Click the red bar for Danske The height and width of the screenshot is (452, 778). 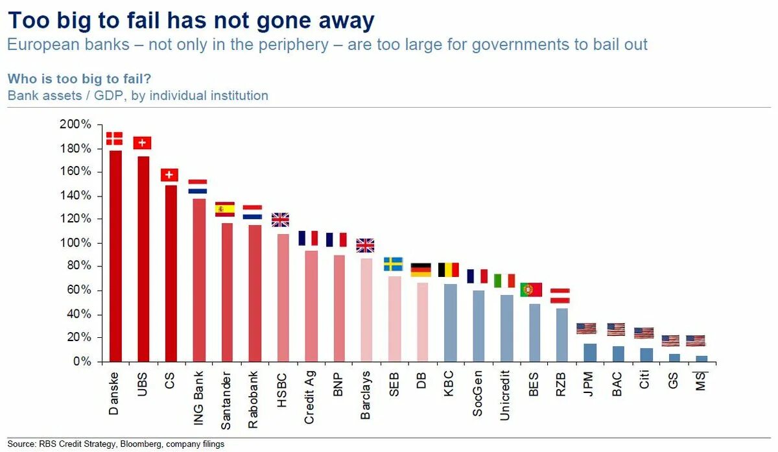(x=115, y=256)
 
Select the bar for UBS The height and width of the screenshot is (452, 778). (x=143, y=258)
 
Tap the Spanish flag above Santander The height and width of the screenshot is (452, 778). (x=224, y=209)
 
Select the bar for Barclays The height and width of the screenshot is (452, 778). (x=366, y=309)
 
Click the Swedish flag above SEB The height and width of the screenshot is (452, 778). (x=393, y=264)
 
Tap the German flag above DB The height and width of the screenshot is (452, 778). (x=421, y=270)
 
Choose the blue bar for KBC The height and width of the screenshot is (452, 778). (x=450, y=322)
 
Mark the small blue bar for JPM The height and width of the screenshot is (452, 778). (x=589, y=352)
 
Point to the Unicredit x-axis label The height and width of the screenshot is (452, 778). (x=506, y=395)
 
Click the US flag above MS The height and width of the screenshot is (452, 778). (x=696, y=340)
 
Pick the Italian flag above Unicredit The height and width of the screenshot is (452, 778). (x=504, y=281)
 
